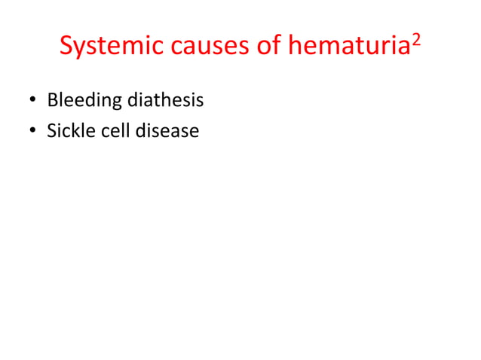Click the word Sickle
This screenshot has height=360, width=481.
[x=69, y=131]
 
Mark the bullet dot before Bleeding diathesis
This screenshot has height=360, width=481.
[x=33, y=100]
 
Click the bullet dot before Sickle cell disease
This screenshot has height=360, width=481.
[x=33, y=132]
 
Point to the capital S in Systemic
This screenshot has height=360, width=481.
[x=66, y=47]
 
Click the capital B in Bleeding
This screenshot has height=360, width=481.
[x=52, y=99]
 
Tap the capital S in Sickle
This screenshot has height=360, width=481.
[x=51, y=131]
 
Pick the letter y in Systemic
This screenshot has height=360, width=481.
[x=80, y=49]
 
